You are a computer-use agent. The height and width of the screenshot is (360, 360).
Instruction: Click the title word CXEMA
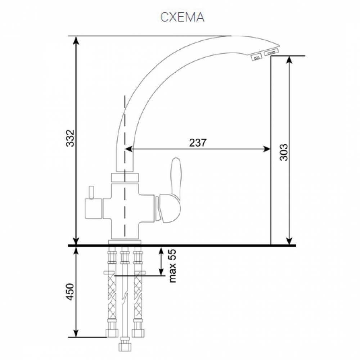[182, 17]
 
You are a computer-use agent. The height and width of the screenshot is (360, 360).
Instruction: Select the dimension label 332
[70, 138]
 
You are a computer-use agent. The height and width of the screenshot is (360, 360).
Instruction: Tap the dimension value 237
[198, 143]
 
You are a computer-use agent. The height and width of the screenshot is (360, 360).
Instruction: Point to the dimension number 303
[284, 152]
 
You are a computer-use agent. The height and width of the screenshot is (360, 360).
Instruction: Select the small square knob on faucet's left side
[93, 208]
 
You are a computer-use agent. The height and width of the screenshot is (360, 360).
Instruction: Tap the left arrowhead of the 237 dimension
[129, 149]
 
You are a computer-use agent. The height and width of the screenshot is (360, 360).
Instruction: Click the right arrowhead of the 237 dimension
[267, 149]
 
